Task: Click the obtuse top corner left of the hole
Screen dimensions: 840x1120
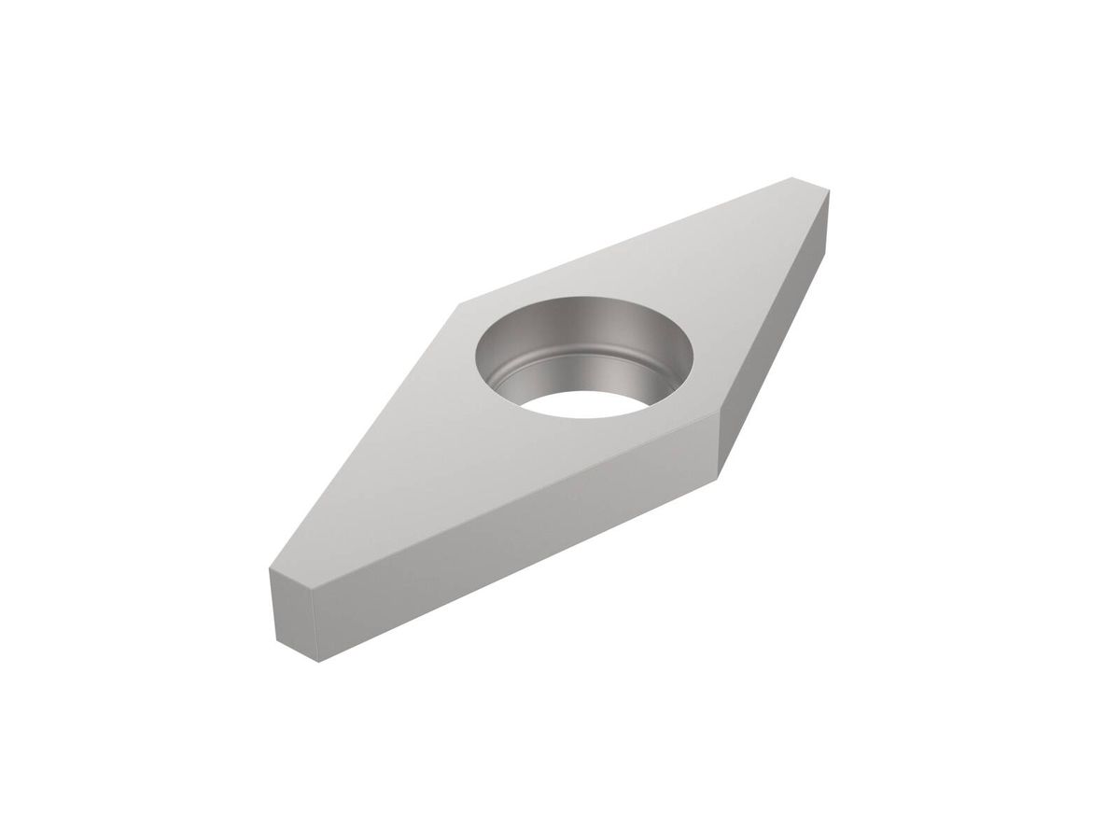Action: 460,303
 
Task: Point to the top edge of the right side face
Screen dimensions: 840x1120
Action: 775,299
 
